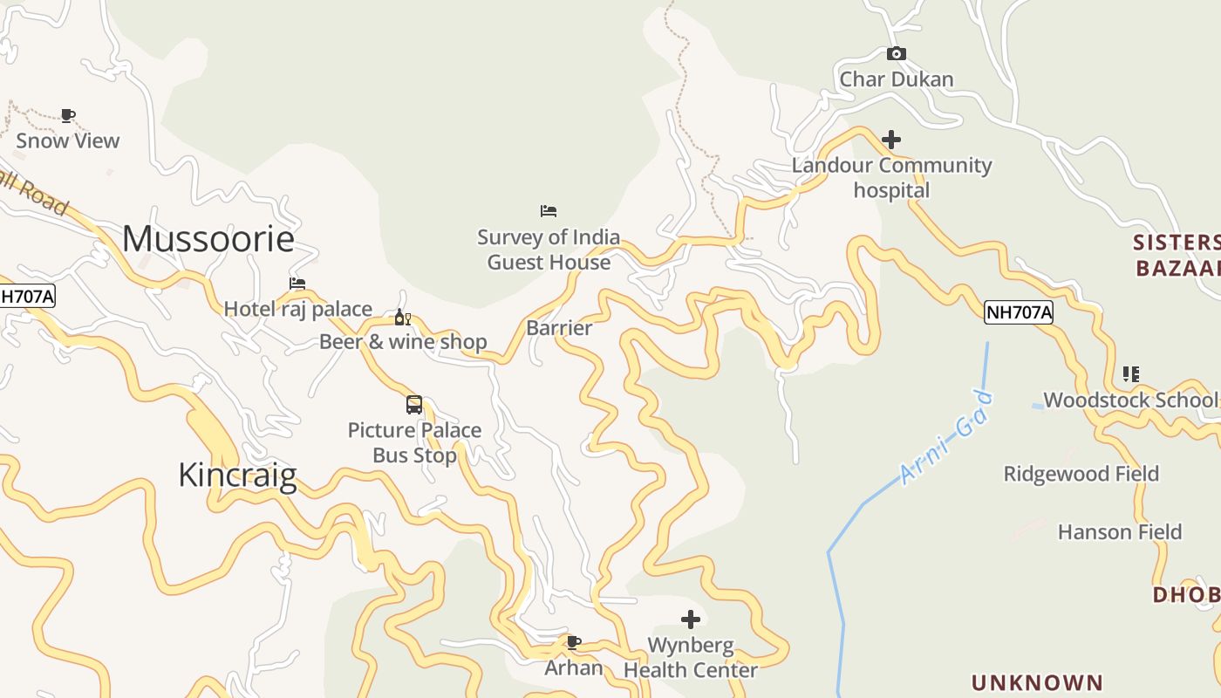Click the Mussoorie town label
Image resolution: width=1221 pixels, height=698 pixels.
point(208,238)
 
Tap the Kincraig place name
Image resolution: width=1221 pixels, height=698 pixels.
point(237,476)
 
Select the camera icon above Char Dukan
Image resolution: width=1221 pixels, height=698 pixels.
point(896,54)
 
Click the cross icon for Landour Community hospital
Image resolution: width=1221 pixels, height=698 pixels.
point(890,140)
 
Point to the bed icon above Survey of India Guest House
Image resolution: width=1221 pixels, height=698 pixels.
point(548,211)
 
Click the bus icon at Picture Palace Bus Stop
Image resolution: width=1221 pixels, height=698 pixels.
point(414,405)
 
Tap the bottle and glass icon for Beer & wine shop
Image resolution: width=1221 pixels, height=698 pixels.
point(402,318)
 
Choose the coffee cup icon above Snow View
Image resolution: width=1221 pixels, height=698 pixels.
point(68,115)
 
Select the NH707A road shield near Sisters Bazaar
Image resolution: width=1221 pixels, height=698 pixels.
point(1018,312)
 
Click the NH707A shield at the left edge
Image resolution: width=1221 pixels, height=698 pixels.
point(26,297)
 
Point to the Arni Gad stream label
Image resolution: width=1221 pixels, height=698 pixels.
point(945,437)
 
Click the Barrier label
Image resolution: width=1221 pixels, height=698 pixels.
point(559,328)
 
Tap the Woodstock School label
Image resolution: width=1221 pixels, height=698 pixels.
point(1129,400)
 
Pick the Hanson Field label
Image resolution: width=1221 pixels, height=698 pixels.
point(1119,532)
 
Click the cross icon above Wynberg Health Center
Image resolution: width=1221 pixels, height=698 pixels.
point(690,619)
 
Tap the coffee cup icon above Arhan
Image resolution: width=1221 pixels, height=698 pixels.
point(573,643)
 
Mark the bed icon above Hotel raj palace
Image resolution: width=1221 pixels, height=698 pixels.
point(297,284)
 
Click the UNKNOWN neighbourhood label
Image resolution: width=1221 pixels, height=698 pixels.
point(1037,682)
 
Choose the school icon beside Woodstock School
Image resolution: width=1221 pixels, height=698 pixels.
point(1130,374)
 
